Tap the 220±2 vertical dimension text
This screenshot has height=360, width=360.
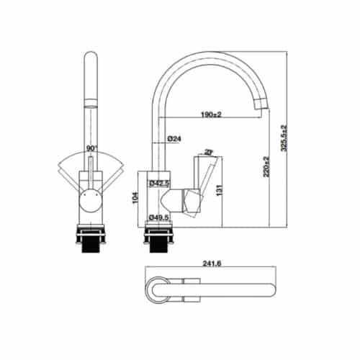tap(269, 168)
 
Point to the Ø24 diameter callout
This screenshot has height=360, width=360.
tap(173, 138)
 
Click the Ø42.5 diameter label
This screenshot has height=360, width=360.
tap(159, 184)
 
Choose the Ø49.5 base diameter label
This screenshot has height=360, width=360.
tap(159, 215)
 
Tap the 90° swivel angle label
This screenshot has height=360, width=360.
tap(91, 148)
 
